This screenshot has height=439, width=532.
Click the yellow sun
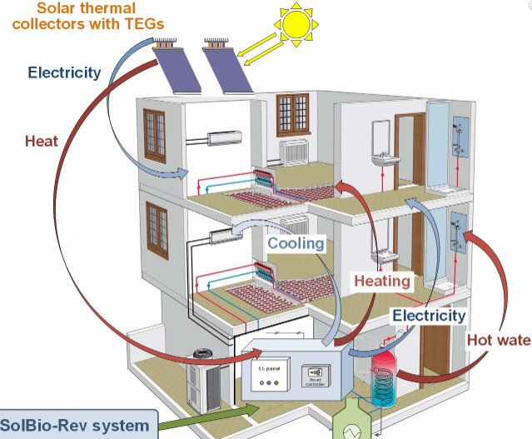pyautogui.click(x=295, y=22)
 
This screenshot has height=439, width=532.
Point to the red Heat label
pyautogui.click(x=41, y=141)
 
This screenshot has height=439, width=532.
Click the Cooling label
pyautogui.click(x=295, y=243)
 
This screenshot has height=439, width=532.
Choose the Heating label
pyautogui.click(x=382, y=281)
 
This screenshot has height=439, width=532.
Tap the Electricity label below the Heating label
pyautogui.click(x=429, y=316)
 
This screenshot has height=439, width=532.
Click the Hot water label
pyautogui.click(x=498, y=340)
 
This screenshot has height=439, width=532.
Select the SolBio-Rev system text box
pyautogui.click(x=77, y=426)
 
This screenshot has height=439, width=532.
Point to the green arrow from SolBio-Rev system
pyautogui.click(x=216, y=412)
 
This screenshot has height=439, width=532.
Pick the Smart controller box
pyautogui.click(x=313, y=374)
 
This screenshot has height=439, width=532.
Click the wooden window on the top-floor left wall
pyautogui.click(x=155, y=136)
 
